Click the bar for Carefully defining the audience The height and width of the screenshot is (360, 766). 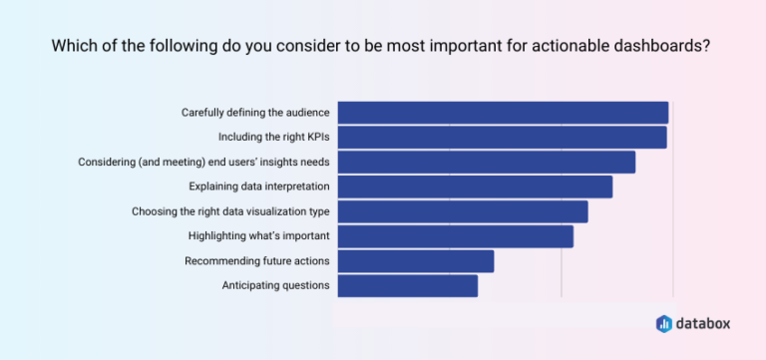tap(503, 113)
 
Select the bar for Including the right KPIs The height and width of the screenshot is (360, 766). tap(502, 137)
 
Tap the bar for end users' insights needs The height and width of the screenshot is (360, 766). tap(486, 162)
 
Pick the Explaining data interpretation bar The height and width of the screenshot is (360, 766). tap(475, 186)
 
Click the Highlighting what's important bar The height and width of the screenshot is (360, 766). tap(455, 236)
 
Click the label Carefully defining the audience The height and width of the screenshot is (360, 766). tap(255, 113)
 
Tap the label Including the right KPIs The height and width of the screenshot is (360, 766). tap(273, 137)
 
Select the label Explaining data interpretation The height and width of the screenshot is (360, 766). tap(259, 186)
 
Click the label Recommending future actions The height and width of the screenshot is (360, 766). tap(257, 261)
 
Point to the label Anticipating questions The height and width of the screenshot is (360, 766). tap(275, 286)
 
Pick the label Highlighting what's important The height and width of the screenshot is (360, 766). tap(258, 236)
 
